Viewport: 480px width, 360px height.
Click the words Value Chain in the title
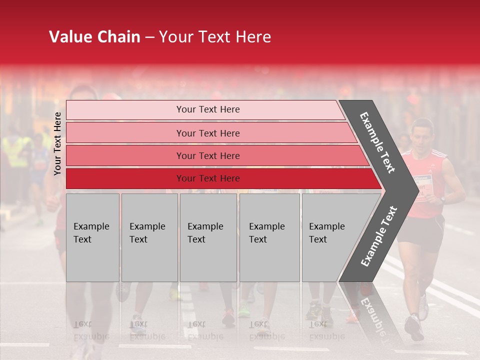(94, 37)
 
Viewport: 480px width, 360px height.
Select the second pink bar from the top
(207, 133)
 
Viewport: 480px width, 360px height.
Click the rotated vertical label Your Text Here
(58, 143)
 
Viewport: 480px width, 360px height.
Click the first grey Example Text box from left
(92, 237)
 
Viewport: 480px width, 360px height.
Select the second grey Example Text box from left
(149, 237)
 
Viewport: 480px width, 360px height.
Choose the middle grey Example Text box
(208, 237)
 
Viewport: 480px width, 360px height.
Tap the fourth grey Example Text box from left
(269, 237)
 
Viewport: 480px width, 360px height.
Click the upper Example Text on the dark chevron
(377, 142)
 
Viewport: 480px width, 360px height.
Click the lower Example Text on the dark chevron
(379, 236)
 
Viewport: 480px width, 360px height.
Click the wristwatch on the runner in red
(442, 199)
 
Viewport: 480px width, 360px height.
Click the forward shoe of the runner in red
(414, 327)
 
